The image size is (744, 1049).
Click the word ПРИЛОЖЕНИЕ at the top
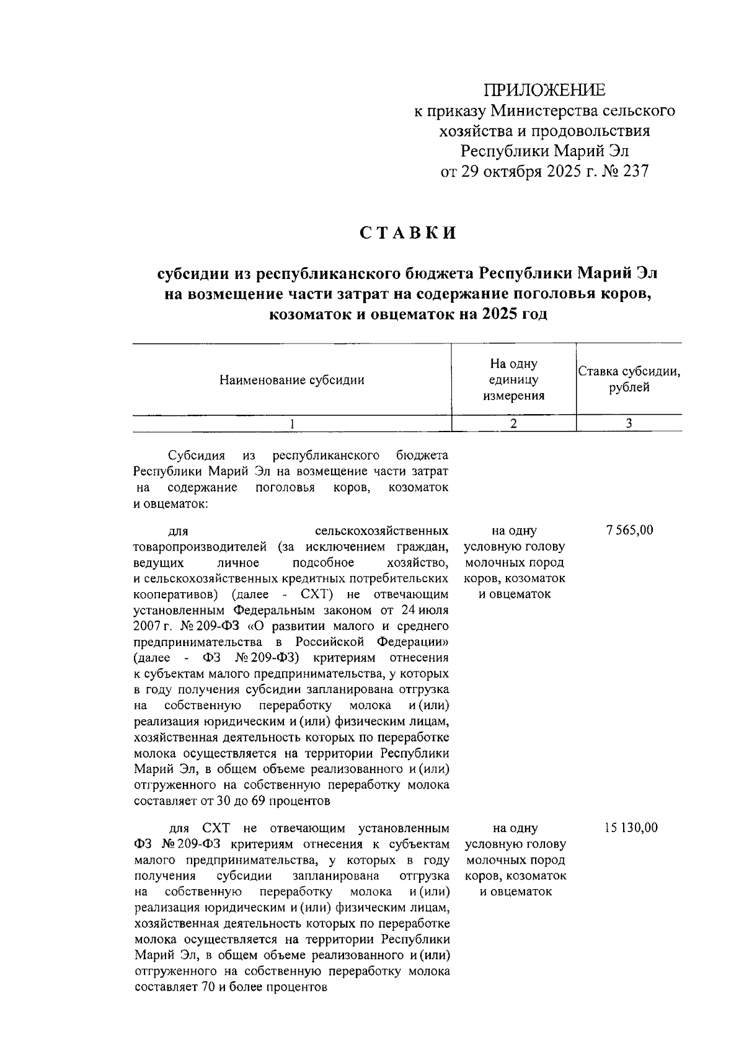[x=544, y=91]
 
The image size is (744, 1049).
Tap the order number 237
[x=634, y=171]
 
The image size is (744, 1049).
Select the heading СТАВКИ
[x=409, y=232]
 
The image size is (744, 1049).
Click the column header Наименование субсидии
[x=292, y=380]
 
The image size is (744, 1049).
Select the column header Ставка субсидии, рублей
[x=629, y=380]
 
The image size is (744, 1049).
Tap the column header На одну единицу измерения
[x=513, y=380]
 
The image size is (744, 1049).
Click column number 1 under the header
[x=292, y=423]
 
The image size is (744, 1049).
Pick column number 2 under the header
[x=513, y=423]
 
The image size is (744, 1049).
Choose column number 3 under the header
[x=629, y=423]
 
